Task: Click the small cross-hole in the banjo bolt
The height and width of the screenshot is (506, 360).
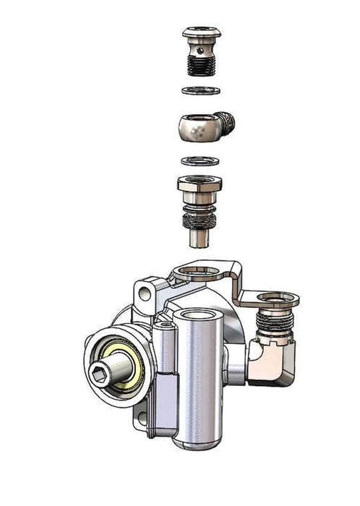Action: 201,51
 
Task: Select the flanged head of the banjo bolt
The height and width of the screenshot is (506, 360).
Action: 202,33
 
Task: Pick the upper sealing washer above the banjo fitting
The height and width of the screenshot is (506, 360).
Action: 201,90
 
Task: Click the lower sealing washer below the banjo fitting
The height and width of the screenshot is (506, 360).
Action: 201,160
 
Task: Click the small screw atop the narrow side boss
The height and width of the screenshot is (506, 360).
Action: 166,327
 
